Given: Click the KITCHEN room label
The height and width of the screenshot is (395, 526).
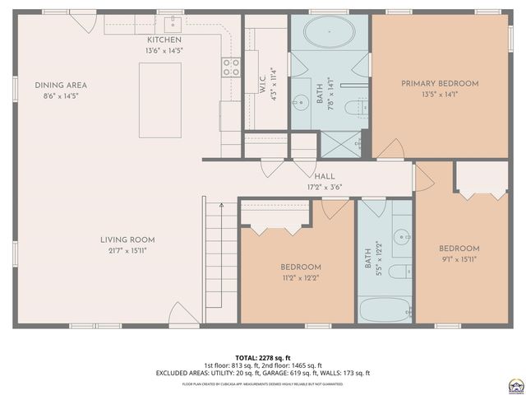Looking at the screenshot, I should (x=164, y=40).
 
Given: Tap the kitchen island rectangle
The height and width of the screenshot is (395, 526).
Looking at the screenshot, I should (x=159, y=100).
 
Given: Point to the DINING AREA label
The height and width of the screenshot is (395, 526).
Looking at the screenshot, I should (x=61, y=85).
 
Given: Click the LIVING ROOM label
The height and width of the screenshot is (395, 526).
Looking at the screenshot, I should (x=127, y=239).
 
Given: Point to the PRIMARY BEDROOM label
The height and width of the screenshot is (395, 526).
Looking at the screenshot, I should (x=440, y=83).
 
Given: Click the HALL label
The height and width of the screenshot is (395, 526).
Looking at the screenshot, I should (x=324, y=176).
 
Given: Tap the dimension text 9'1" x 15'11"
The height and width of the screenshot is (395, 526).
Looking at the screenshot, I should (x=458, y=258).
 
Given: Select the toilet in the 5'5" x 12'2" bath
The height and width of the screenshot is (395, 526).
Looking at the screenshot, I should (x=399, y=272).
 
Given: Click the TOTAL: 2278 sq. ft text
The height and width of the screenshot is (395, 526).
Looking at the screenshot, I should (x=262, y=356).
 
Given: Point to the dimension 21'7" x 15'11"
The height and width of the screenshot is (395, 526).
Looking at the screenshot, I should (x=127, y=250).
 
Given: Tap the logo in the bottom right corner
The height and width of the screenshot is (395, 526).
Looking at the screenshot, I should (x=515, y=384).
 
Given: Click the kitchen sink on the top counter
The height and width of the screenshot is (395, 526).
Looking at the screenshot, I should (x=173, y=22).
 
